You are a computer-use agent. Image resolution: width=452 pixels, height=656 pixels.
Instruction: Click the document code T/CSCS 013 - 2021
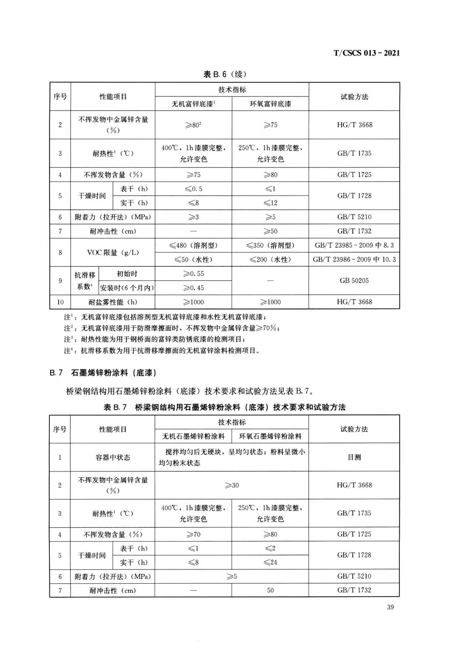[366, 53]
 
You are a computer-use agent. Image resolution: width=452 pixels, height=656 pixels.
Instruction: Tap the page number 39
[390, 607]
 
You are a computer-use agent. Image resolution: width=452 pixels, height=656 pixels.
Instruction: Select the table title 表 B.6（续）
[225, 74]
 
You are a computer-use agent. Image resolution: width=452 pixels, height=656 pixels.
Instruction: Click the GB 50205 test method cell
[354, 280]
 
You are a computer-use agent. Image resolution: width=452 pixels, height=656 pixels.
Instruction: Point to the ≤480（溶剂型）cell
[193, 245]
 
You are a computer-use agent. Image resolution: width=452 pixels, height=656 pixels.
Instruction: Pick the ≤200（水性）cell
[270, 260]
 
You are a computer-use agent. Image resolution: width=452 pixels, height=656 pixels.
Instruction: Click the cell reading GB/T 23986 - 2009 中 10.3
[354, 260]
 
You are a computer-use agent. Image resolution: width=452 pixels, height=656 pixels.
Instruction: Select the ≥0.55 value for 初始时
[193, 273]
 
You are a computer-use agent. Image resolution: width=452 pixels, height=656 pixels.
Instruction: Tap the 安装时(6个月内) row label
[127, 288]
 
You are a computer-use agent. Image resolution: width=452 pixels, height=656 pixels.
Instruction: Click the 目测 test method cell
[354, 457]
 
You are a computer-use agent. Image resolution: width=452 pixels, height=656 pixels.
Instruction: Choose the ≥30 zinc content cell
[232, 485]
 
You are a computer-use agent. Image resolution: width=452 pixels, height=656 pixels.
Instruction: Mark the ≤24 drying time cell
[270, 562]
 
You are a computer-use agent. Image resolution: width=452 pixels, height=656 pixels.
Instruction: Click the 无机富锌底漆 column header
[193, 104]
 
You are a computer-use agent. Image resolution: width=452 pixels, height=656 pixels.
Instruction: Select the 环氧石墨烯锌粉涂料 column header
[270, 436]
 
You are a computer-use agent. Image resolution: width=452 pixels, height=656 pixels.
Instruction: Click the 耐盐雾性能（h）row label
[113, 302]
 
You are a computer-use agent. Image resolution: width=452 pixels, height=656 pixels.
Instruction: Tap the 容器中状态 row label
[113, 457]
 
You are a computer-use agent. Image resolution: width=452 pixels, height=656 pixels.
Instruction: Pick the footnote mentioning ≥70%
[172, 328]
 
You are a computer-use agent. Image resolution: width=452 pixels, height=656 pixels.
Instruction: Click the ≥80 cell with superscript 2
[193, 125]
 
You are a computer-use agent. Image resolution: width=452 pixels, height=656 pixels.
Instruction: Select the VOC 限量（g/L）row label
[113, 252]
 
